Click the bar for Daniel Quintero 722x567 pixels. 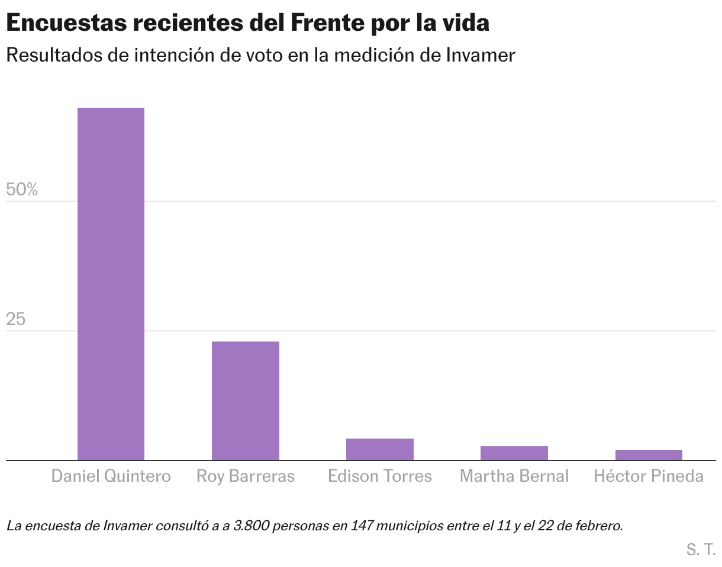tap(111, 284)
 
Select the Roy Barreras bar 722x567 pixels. tap(245, 401)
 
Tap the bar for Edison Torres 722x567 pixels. tap(379, 449)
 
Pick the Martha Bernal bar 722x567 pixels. tap(514, 453)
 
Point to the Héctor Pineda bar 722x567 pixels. tap(649, 455)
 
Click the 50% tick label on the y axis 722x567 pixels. tap(22, 190)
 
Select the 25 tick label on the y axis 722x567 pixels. tap(16, 320)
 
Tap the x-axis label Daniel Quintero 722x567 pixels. tap(111, 476)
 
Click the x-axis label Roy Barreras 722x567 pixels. tap(245, 476)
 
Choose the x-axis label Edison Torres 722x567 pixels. tap(379, 476)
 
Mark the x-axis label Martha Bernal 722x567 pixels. tap(514, 476)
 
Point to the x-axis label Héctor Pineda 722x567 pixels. tap(649, 476)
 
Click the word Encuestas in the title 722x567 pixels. tap(67, 24)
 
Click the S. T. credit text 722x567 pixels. tap(701, 549)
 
